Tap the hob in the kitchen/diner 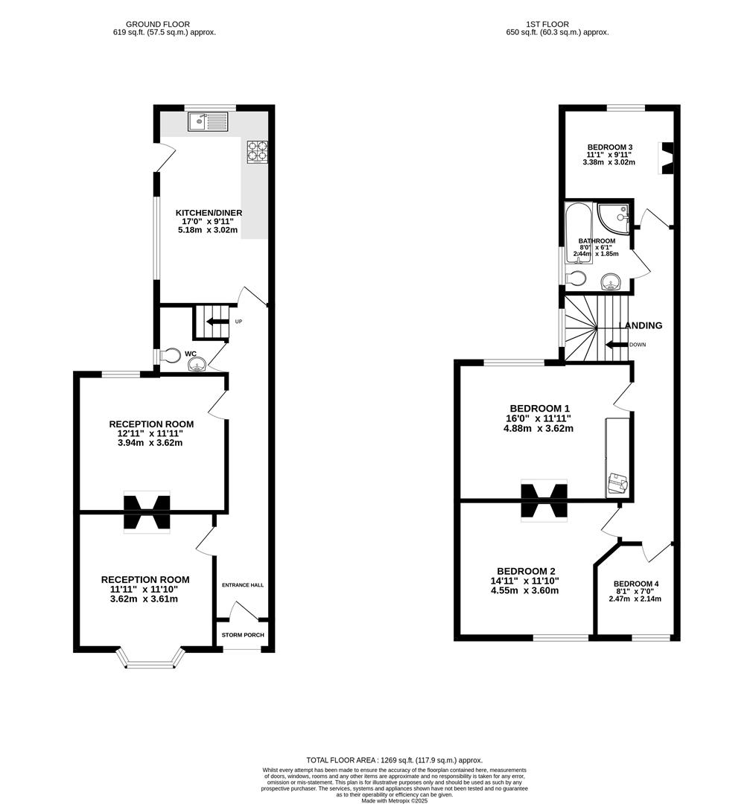(256, 152)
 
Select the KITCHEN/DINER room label (209, 212)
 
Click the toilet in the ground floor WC (170, 354)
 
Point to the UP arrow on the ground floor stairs (218, 322)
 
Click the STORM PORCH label (243, 635)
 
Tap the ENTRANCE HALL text (243, 585)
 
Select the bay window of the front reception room (150, 658)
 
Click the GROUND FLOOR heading (157, 25)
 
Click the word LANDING (641, 325)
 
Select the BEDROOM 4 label (635, 584)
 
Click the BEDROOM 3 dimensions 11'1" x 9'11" (609, 155)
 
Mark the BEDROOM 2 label (525, 571)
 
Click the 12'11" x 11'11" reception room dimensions (150, 433)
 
